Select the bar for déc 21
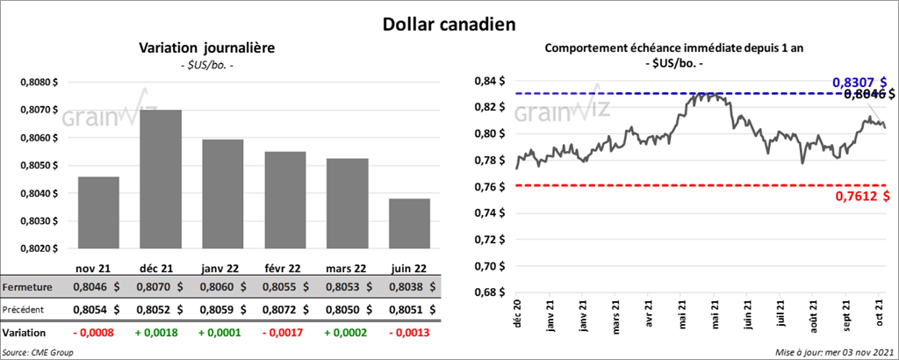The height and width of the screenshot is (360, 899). pyautogui.click(x=161, y=180)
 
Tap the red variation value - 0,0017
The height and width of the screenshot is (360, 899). pyautogui.click(x=285, y=334)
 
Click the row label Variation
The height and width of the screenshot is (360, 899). pyautogui.click(x=25, y=334)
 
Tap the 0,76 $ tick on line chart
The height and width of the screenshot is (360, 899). pyautogui.click(x=487, y=186)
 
